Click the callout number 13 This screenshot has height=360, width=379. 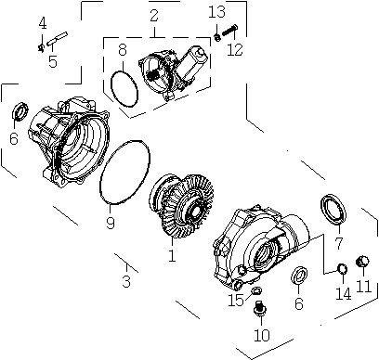coord(216,12)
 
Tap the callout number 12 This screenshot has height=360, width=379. coord(235,50)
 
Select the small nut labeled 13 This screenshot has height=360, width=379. coord(217,37)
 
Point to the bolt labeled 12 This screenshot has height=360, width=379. coord(229,31)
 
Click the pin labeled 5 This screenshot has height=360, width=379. coord(57,38)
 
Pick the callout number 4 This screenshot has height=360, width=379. coord(43,23)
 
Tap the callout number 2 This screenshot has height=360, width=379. coord(154,16)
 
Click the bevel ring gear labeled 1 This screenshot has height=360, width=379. coord(181,206)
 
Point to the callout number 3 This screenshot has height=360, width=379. coord(126,281)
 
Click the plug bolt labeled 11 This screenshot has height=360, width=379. coord(362,262)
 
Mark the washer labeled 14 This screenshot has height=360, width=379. coord(342,269)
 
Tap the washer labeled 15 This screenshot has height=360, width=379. coord(256,290)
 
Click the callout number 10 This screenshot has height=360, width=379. coord(262,335)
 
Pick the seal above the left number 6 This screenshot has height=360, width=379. coord(20,111)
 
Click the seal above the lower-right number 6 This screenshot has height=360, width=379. coord(300,275)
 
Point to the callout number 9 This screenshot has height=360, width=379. coord(111,223)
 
